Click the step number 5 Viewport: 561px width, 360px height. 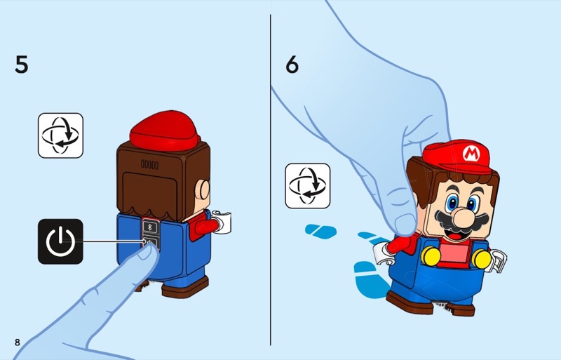pyautogui.click(x=22, y=65)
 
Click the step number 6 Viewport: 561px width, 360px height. pyautogui.click(x=292, y=65)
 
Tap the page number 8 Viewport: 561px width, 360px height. pyautogui.click(x=18, y=342)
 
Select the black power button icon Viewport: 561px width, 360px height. pyautogui.click(x=60, y=241)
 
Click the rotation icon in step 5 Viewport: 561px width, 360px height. pyautogui.click(x=60, y=135)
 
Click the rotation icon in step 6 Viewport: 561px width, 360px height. pyautogui.click(x=308, y=185)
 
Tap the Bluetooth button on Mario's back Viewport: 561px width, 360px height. pyautogui.click(x=150, y=227)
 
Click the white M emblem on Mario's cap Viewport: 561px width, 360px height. pyautogui.click(x=471, y=153)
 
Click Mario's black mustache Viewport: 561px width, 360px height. pyautogui.click(x=461, y=221)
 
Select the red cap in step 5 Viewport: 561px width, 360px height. pyautogui.click(x=164, y=131)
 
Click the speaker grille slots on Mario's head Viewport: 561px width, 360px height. pyautogui.click(x=149, y=164)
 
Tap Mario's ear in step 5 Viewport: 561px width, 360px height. pyautogui.click(x=204, y=190)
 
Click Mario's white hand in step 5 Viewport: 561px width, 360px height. pyautogui.click(x=222, y=222)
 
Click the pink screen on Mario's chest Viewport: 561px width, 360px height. pyautogui.click(x=454, y=253)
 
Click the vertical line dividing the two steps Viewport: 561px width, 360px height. pyautogui.click(x=271, y=180)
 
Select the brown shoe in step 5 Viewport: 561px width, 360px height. pyautogui.click(x=185, y=287)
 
